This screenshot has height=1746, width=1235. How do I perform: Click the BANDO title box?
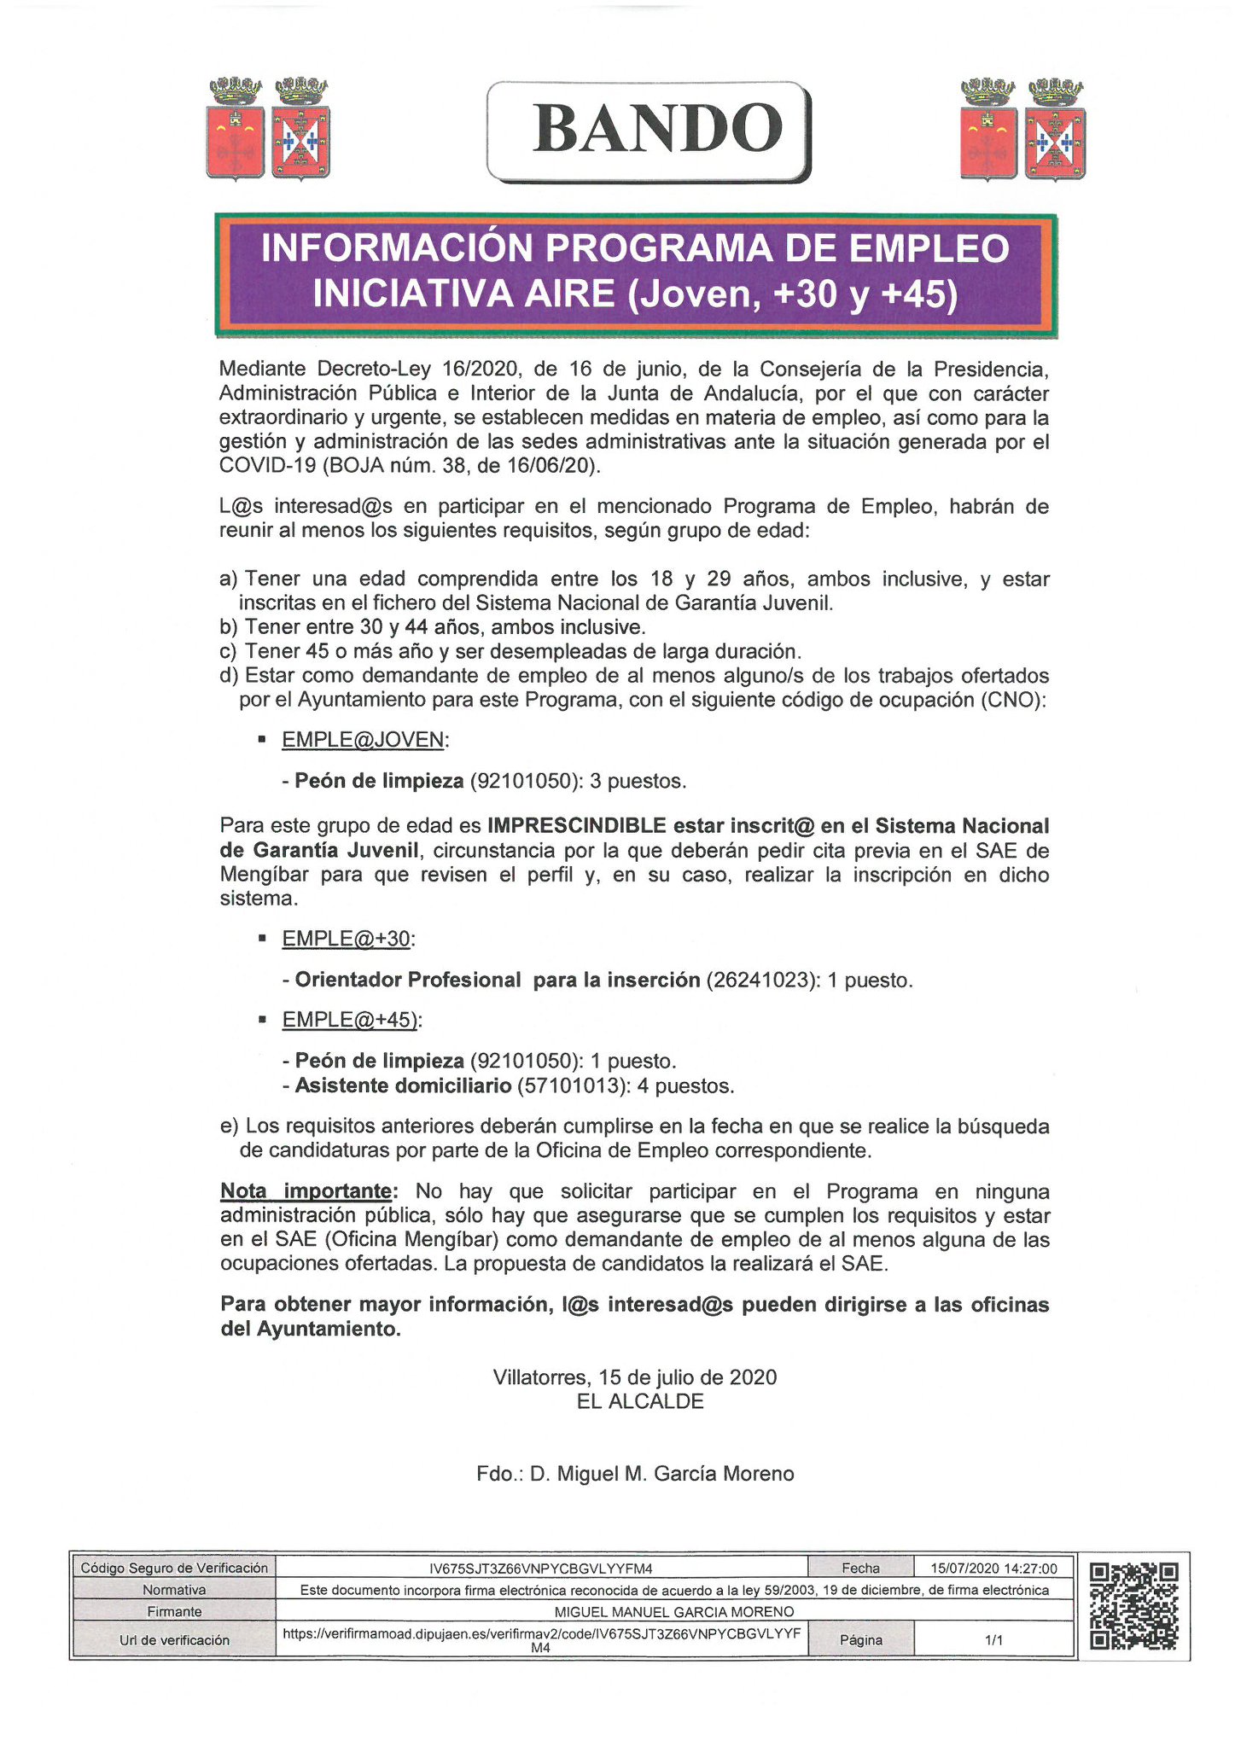coord(649,131)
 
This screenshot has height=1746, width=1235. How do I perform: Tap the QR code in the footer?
coord(1134,1606)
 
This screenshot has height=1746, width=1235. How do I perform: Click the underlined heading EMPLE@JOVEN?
coord(364,740)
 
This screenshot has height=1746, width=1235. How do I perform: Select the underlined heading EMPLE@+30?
coord(347,939)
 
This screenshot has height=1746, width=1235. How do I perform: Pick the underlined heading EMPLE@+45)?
coord(350,1020)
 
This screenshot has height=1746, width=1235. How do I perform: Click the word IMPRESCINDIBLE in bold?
coord(576,825)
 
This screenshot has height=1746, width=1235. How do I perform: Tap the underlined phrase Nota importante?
coord(306,1190)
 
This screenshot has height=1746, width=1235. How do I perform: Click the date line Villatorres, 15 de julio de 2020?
coord(635,1376)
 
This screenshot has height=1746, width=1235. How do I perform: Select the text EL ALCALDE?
coord(640,1400)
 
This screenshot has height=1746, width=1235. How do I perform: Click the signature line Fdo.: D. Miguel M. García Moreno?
coord(635,1474)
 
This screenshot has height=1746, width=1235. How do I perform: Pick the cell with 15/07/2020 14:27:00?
coord(993,1568)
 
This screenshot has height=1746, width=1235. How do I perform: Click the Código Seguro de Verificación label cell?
coord(173,1568)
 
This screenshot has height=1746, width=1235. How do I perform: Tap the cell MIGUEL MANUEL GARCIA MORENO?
coord(673,1611)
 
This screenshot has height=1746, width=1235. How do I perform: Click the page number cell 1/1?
coord(993,1639)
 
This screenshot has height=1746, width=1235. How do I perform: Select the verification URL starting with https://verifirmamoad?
coord(541,1633)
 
